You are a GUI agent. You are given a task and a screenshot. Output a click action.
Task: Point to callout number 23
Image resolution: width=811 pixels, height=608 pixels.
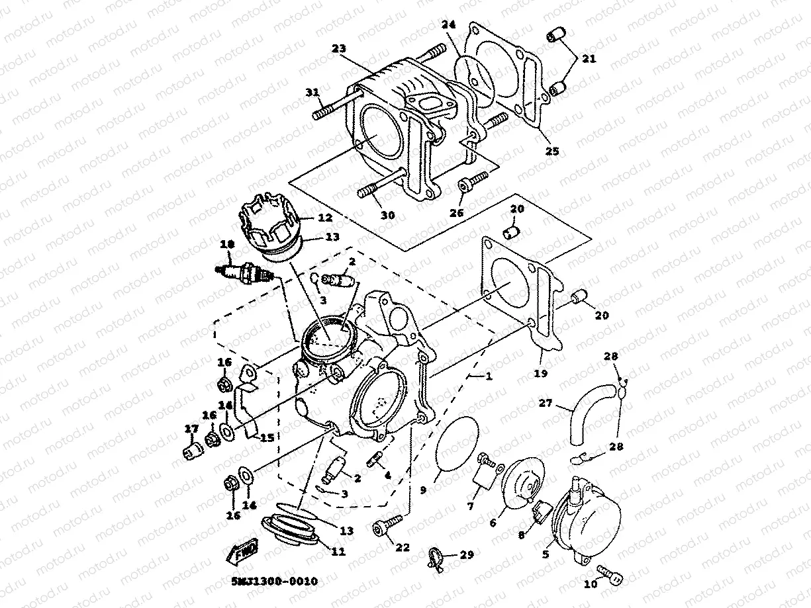339,48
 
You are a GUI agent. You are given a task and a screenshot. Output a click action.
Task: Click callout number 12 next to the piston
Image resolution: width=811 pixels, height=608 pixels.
325,217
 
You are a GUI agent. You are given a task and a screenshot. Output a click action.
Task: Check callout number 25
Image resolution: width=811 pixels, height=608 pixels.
551,152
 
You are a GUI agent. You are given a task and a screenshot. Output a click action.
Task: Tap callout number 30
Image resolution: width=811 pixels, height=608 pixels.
387,216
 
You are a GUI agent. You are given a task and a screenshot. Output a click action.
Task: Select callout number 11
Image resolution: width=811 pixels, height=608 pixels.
338,550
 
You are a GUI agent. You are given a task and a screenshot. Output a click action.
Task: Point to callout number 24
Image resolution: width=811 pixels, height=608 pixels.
450,25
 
